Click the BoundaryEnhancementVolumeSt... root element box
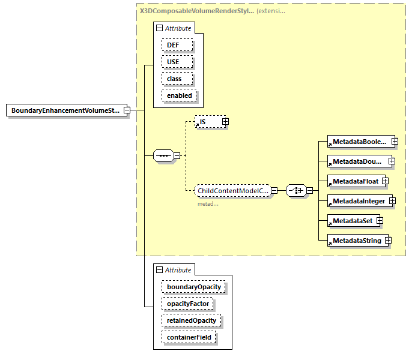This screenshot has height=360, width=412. point(66,110)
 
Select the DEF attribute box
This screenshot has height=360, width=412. point(177,45)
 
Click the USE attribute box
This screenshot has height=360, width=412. point(177,62)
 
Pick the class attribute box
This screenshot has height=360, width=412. point(177,79)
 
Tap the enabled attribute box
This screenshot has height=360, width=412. point(179,95)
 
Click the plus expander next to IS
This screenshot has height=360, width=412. point(226,122)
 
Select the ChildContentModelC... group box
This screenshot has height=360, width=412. point(232,191)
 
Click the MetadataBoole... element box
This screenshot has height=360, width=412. point(359,142)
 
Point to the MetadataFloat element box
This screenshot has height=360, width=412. point(354,181)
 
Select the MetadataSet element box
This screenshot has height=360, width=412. point(351,221)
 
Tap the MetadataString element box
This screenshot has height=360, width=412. point(356,241)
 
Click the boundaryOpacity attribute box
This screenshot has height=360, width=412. point(193,287)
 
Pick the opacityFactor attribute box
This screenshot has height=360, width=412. point(187,304)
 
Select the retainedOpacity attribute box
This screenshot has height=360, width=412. point(192,320)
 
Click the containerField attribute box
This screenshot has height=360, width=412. point(189,337)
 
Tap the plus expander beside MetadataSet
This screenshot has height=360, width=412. point(380,221)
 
